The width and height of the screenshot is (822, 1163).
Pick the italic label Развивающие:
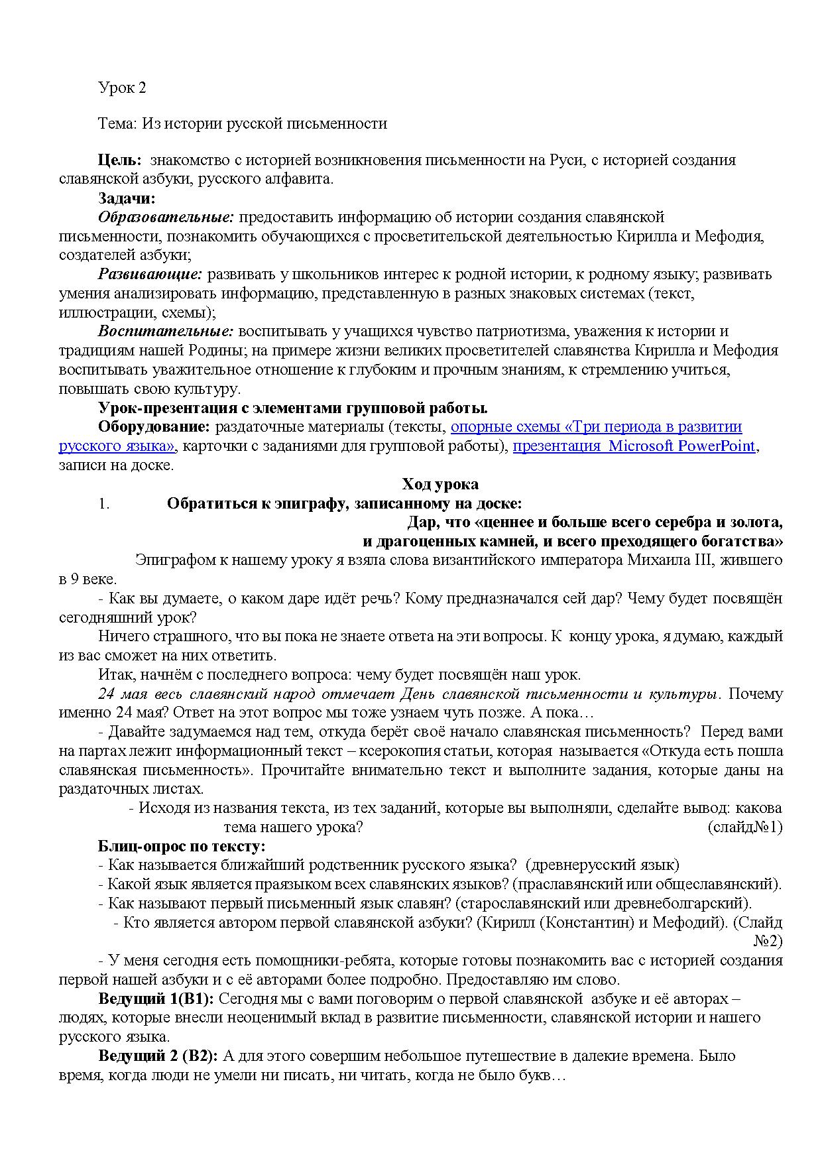tap(150, 275)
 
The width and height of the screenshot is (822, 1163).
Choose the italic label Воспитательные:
tap(166, 332)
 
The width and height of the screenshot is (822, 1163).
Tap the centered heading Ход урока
tap(440, 485)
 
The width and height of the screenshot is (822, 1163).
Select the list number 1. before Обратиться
tap(103, 504)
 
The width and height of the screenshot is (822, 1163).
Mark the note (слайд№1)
tap(745, 827)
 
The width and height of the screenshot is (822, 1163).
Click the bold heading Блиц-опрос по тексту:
tap(182, 847)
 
